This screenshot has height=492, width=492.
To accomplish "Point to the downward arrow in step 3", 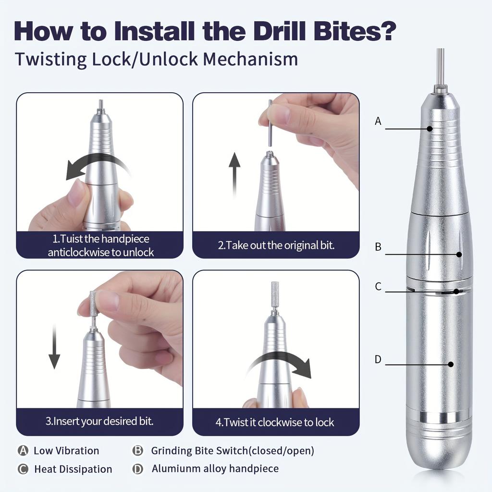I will coord(54,346).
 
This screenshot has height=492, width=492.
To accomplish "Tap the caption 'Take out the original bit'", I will coord(276,245).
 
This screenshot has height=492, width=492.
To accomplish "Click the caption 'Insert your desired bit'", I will coord(99,421).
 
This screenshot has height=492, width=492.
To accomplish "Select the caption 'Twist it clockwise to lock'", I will coord(274,423).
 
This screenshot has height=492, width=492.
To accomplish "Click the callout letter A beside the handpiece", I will coord(378,122).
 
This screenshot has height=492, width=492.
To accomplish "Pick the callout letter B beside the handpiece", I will coord(378,247).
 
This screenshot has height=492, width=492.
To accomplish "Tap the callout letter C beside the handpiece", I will coord(378,287).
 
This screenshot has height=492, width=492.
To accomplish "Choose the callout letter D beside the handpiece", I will coord(378,359).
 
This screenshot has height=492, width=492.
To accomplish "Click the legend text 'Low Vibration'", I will coord(66,451).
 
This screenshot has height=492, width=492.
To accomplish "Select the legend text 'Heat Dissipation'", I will coord(73,469).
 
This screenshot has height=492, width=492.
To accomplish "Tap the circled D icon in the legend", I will coord(138,468).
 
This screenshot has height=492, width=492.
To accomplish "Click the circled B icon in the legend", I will coord(138,451).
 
